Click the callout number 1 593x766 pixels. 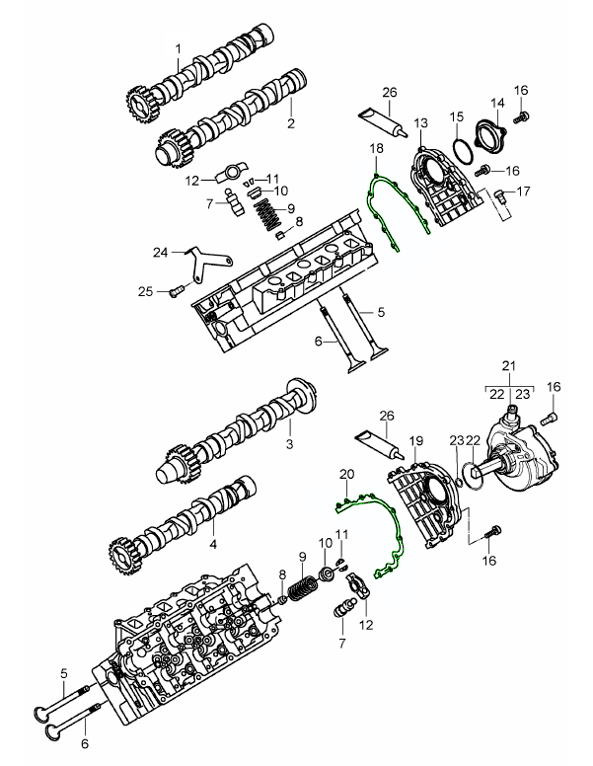pyautogui.click(x=179, y=48)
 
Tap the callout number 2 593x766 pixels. pyautogui.click(x=291, y=124)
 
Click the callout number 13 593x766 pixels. pyautogui.click(x=420, y=122)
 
